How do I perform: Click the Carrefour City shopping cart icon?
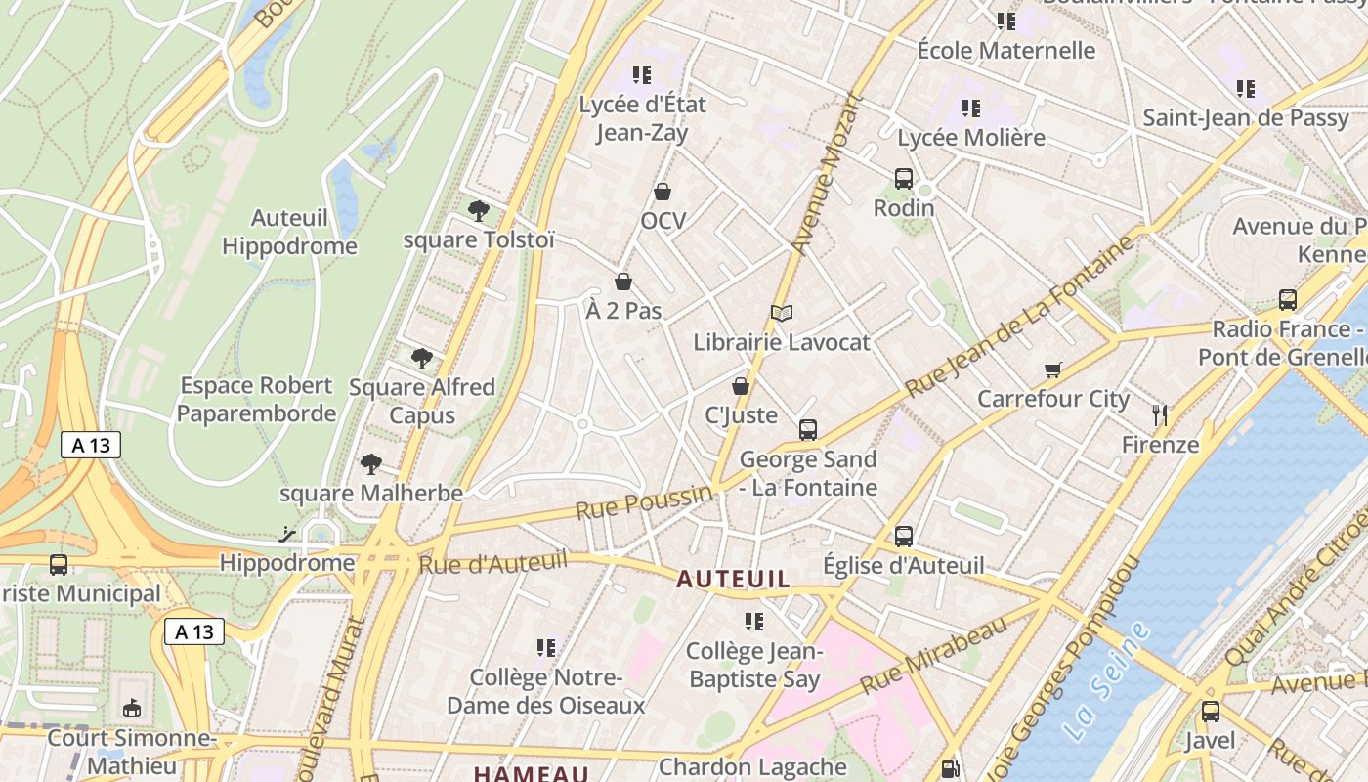click(x=1052, y=369)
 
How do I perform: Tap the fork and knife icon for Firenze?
click(x=1160, y=414)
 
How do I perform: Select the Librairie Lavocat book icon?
click(x=781, y=313)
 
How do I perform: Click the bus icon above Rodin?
click(x=904, y=179)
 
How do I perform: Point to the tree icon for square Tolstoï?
click(x=478, y=210)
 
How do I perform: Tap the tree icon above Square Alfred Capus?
click(x=422, y=359)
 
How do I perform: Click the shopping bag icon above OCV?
click(x=663, y=192)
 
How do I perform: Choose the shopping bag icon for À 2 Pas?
click(x=623, y=282)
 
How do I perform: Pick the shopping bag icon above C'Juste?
click(x=741, y=386)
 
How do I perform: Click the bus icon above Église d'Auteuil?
click(x=904, y=536)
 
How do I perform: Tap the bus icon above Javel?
click(x=1211, y=712)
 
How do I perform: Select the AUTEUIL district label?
click(x=733, y=579)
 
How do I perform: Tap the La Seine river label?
click(x=1106, y=682)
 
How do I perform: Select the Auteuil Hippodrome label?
click(x=289, y=232)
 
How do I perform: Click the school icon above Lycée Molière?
click(x=970, y=108)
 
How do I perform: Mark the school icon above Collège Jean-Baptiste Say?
click(x=753, y=621)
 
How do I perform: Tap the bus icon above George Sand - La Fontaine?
click(x=808, y=429)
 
